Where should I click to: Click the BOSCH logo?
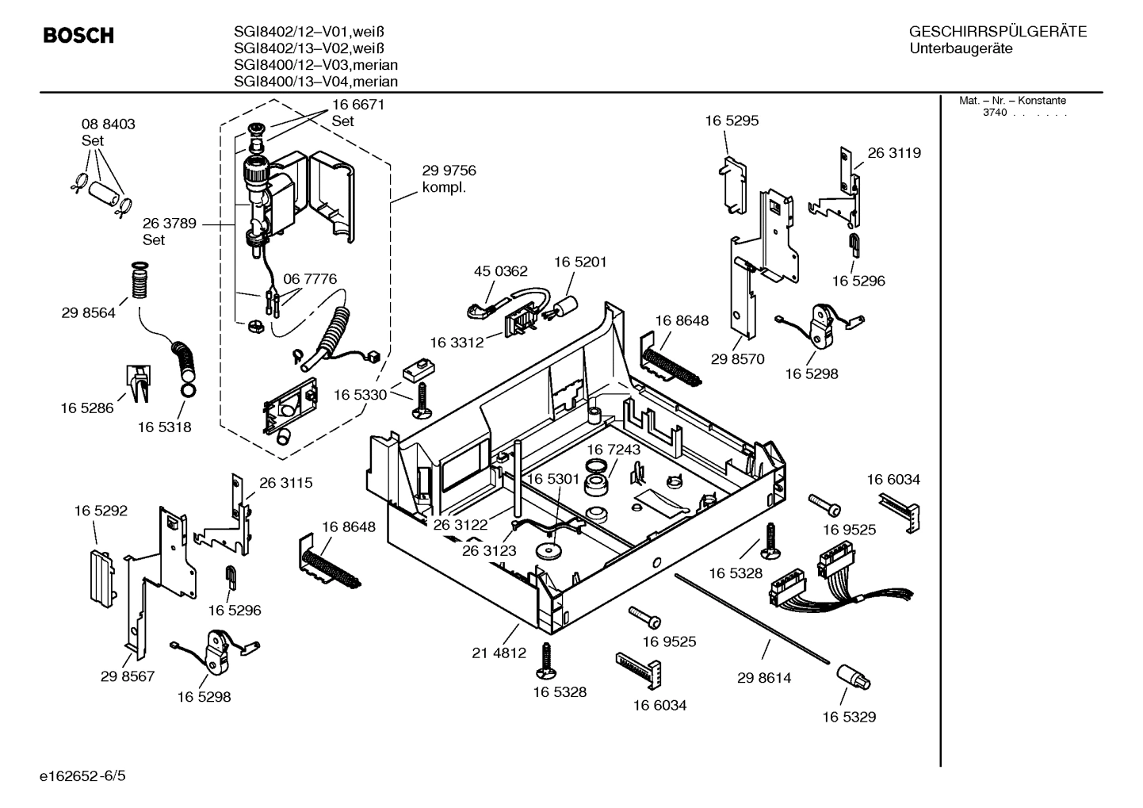[78, 36]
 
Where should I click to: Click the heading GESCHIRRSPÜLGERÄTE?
[997, 32]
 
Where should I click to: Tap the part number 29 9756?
[449, 171]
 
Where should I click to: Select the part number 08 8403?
[108, 124]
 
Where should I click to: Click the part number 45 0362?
[500, 271]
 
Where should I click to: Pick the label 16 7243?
[614, 450]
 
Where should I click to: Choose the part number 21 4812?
[499, 653]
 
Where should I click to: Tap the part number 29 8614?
[763, 678]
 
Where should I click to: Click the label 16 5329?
[848, 717]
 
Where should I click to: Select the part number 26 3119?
[894, 153]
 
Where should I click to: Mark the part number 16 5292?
[101, 511]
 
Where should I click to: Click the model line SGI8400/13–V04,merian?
[315, 82]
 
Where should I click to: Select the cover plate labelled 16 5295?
[733, 183]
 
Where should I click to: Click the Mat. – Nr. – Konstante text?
[1012, 101]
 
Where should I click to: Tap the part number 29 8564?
[88, 313]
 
